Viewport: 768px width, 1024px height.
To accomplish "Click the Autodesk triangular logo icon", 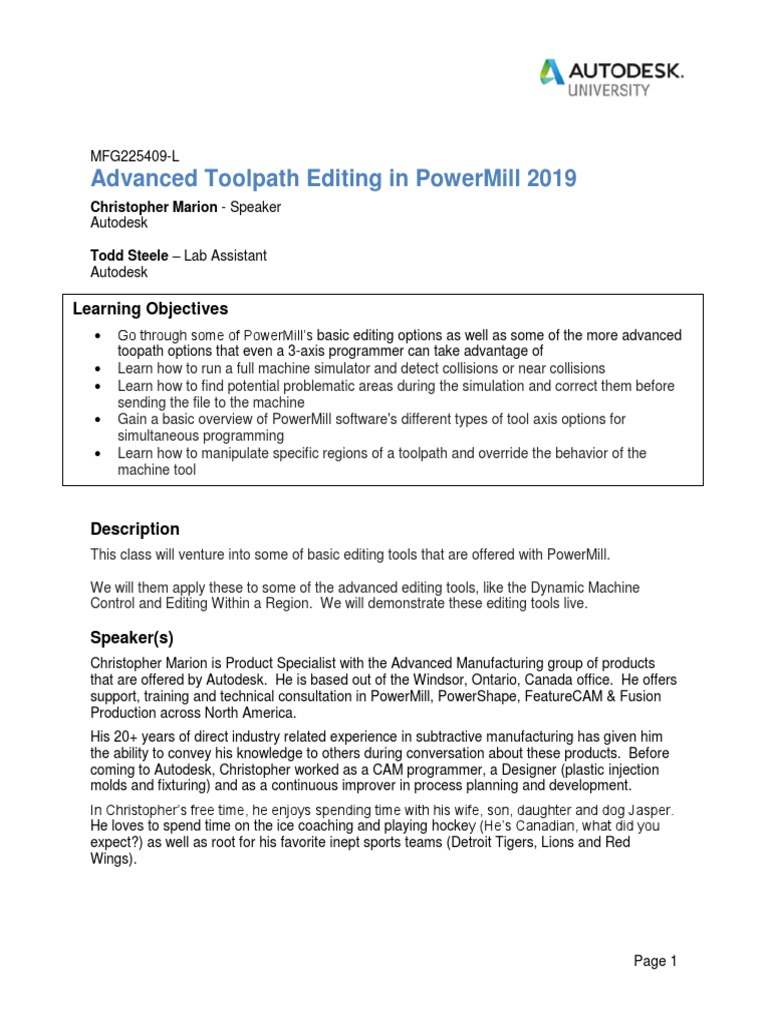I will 552,72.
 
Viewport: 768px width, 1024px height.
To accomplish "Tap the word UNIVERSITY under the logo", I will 610,90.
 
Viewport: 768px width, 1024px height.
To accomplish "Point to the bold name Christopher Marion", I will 152,207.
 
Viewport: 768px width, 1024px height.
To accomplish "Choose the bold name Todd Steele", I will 128,256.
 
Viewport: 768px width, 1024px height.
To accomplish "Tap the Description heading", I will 135,529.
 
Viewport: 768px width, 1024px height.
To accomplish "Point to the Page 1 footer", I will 655,961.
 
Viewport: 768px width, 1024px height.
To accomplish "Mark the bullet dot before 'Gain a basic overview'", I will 96,420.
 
